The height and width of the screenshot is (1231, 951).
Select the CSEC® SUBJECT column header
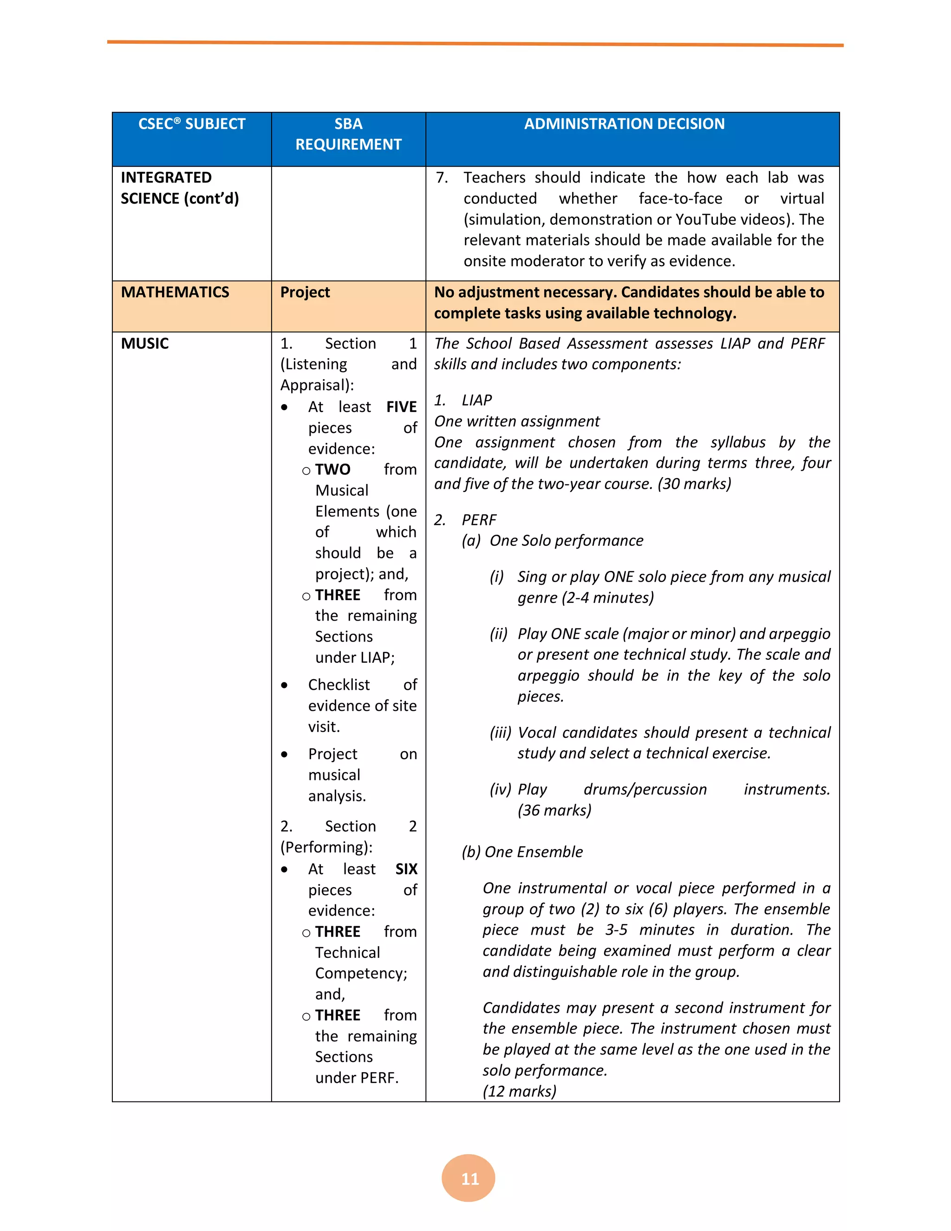[192, 124]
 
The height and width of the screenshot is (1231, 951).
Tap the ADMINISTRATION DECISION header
[624, 124]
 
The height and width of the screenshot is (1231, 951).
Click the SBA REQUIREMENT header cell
[348, 134]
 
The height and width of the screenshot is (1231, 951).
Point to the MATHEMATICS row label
[175, 292]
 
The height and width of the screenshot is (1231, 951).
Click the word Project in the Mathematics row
[305, 292]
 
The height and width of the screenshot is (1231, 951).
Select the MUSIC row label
[145, 343]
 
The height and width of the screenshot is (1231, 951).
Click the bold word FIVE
[401, 407]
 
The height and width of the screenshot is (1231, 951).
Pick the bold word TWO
[332, 470]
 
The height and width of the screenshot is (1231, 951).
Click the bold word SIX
[406, 869]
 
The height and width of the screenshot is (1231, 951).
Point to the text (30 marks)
[694, 484]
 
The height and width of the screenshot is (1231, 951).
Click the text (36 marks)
[554, 811]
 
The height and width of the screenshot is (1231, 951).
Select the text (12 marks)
[520, 1091]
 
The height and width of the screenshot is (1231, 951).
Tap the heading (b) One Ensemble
[522, 851]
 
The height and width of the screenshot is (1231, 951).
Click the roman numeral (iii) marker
[500, 733]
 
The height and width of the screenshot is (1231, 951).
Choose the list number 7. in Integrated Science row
[442, 177]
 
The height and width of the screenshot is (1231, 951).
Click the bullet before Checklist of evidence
[285, 685]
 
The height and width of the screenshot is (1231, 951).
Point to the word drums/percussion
[645, 790]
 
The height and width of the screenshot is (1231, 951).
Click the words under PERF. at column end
[357, 1078]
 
